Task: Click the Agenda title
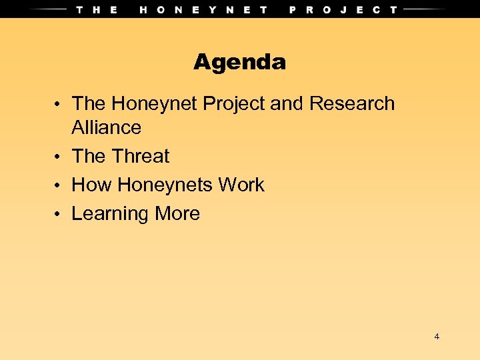(x=239, y=63)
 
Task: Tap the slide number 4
(x=437, y=337)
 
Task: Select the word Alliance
(x=106, y=127)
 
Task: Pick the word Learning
(x=110, y=214)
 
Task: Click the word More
(x=177, y=213)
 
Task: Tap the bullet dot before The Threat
(x=59, y=157)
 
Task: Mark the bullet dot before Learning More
(x=59, y=215)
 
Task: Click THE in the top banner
(x=97, y=9)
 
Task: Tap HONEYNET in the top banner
(x=203, y=9)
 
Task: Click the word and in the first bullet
(x=287, y=104)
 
